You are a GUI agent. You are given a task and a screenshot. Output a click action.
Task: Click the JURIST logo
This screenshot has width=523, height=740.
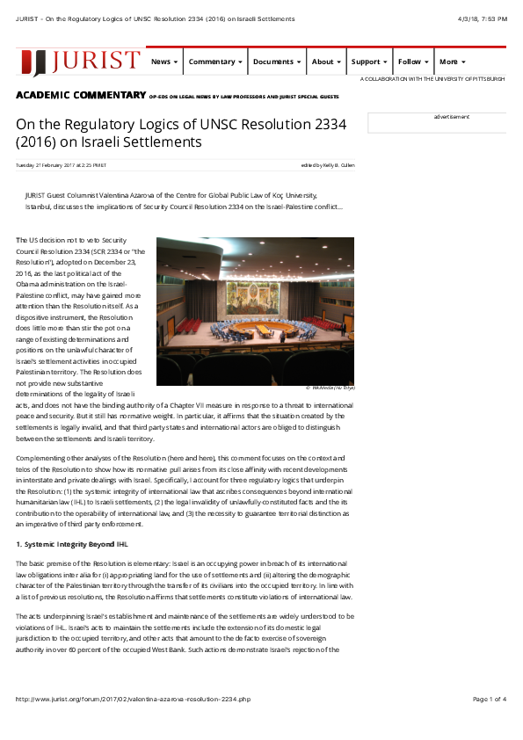[81, 62]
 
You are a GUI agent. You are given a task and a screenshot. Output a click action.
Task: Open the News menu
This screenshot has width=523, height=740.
[164, 62]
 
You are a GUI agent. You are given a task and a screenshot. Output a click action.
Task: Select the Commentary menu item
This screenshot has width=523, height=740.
[215, 62]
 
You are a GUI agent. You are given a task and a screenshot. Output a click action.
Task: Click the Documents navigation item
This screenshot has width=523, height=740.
[277, 62]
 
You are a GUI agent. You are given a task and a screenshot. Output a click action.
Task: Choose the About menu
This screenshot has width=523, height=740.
[326, 62]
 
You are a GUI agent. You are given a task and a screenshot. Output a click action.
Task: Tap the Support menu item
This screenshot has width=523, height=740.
[368, 62]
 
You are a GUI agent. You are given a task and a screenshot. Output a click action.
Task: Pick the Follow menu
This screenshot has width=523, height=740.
[413, 62]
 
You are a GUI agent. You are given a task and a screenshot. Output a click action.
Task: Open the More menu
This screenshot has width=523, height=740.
[452, 62]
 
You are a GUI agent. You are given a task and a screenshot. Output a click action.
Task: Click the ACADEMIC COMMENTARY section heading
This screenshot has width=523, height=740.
[81, 94]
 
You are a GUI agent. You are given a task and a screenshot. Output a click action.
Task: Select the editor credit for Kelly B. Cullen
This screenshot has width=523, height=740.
[327, 164]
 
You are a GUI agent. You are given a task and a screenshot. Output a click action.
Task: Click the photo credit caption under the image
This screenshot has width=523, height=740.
[330, 387]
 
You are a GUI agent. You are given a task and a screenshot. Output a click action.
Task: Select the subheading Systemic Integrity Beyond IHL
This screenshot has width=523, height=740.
[69, 544]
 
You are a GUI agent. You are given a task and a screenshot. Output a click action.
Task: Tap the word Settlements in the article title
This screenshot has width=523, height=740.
[171, 141]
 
